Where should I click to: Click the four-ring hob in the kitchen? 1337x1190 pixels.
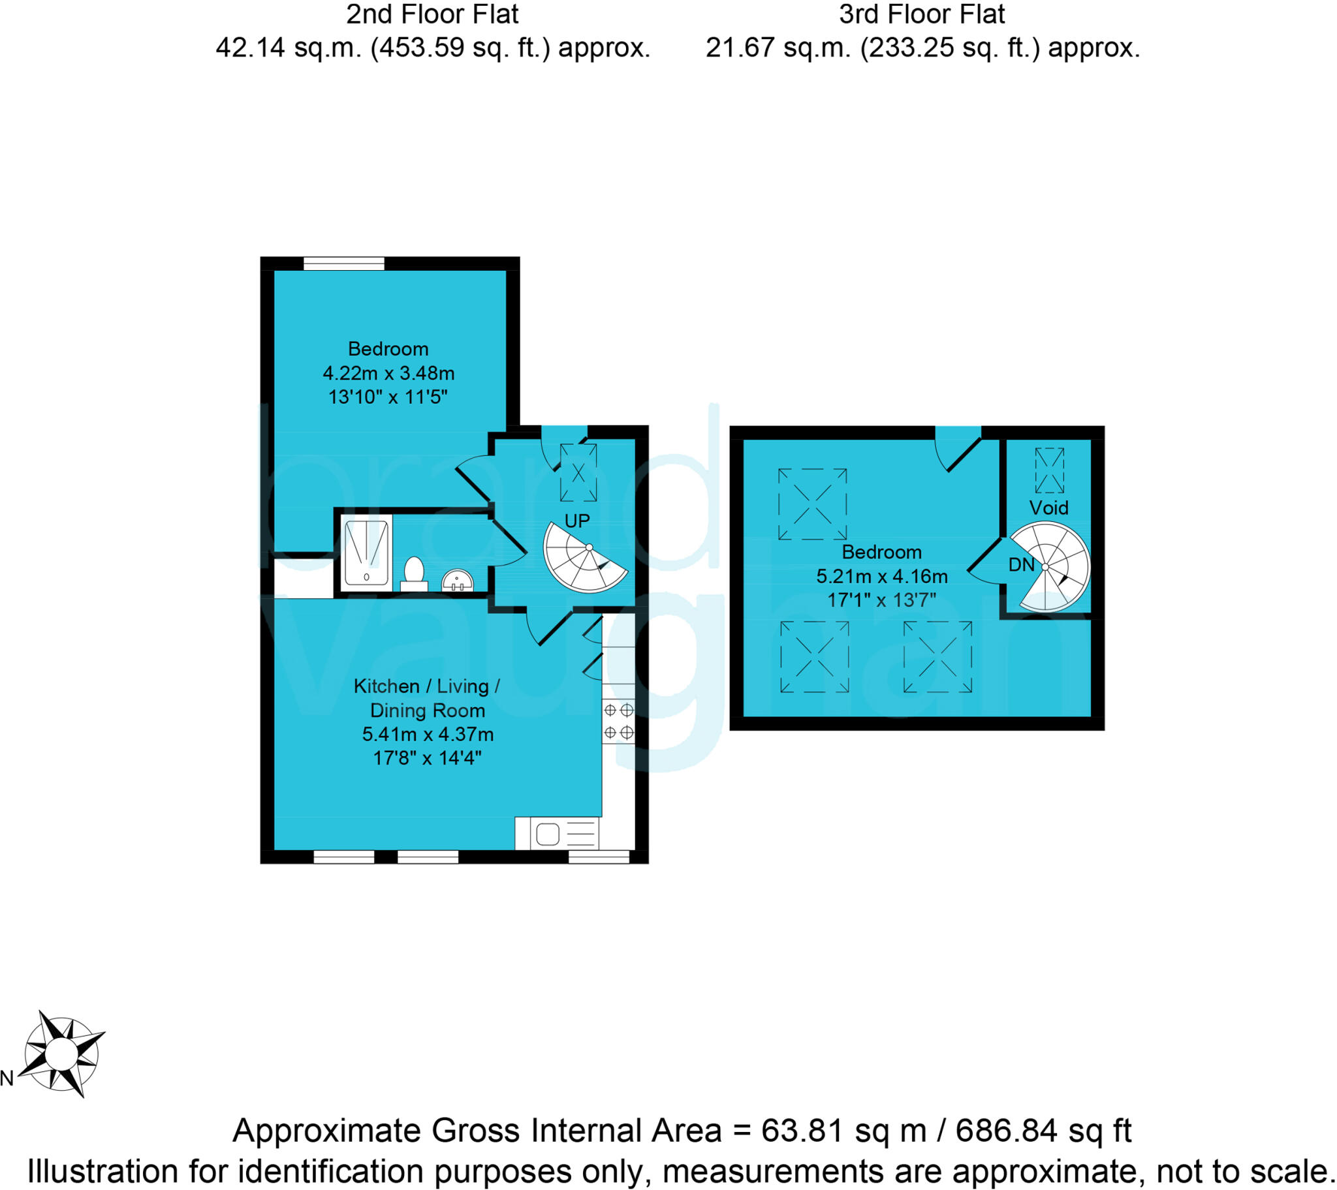click(x=618, y=721)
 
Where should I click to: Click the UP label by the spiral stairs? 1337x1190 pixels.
click(x=577, y=521)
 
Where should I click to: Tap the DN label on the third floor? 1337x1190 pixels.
click(x=1021, y=565)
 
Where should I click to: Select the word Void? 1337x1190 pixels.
click(x=1048, y=508)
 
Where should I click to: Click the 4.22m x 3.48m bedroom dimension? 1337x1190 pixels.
click(x=388, y=373)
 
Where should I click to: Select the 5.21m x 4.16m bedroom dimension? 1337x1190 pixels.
click(x=882, y=577)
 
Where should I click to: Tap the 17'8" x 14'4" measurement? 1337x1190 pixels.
click(x=427, y=759)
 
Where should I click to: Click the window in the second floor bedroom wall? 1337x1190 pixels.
click(x=344, y=264)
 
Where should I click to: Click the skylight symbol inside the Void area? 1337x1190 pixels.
click(x=1049, y=470)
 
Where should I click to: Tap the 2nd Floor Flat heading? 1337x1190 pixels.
click(x=432, y=14)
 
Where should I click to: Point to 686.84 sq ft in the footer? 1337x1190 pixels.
click(x=1043, y=1130)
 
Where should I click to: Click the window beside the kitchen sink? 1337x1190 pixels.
click(x=599, y=857)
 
